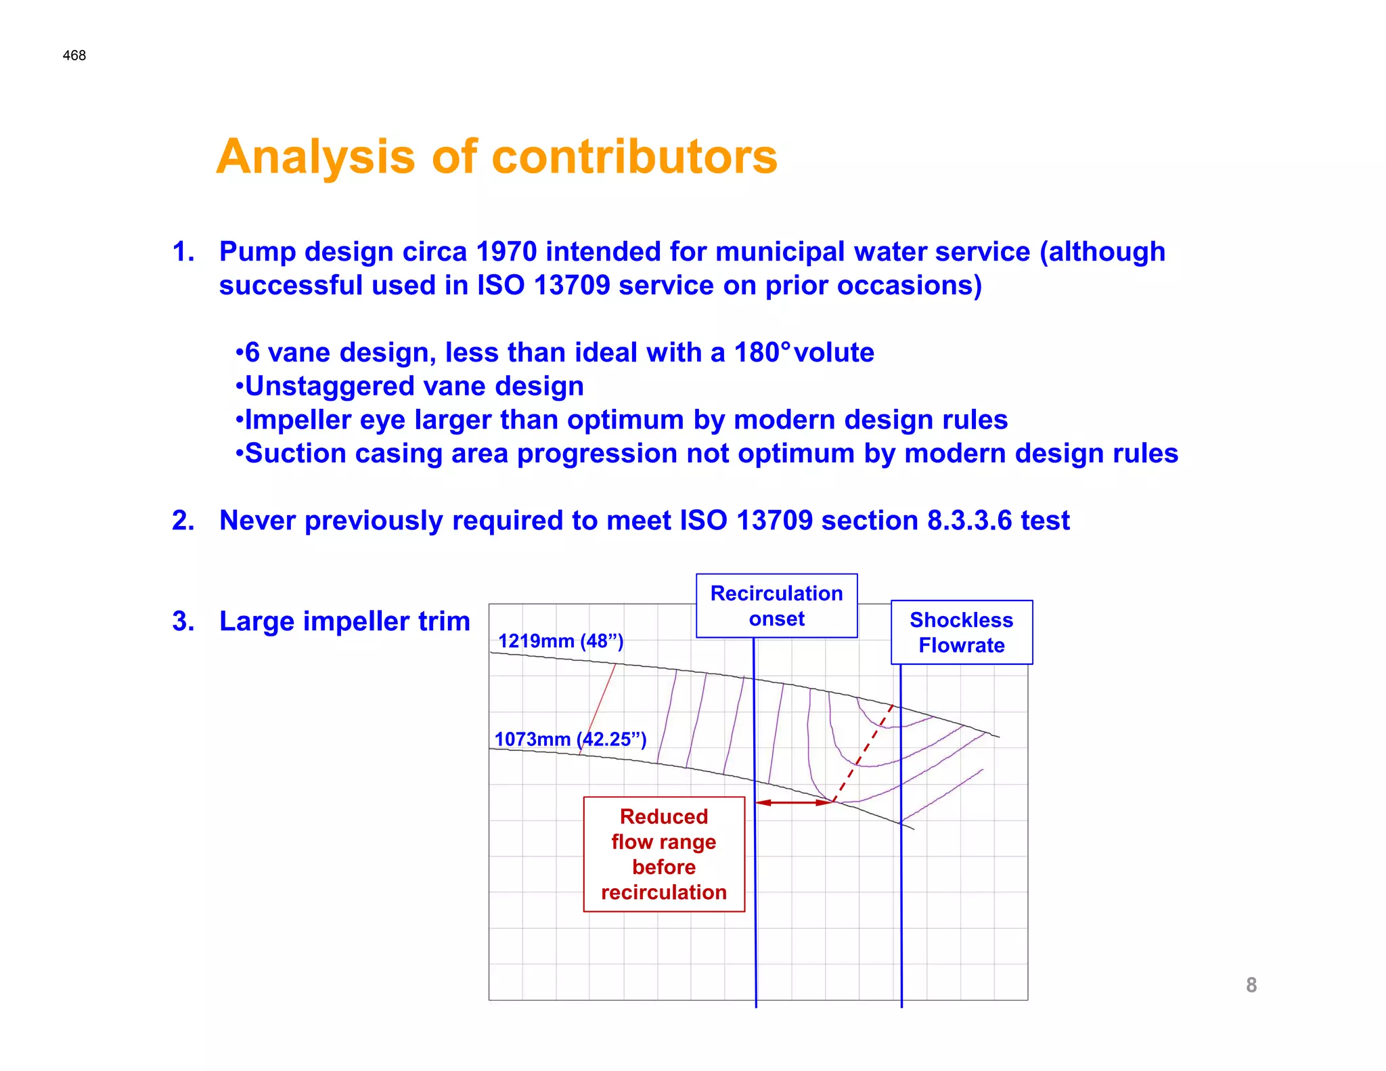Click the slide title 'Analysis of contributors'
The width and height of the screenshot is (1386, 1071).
point(497,156)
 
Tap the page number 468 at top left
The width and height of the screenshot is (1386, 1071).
point(74,56)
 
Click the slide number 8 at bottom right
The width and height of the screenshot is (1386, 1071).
point(1251,984)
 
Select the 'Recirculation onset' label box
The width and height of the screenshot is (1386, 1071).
point(776,606)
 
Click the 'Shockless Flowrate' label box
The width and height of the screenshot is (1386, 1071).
point(961,632)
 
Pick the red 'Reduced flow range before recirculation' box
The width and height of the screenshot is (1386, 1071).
point(664,854)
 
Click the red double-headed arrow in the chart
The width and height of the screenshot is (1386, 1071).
point(793,802)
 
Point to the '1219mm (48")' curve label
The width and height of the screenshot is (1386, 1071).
point(560,640)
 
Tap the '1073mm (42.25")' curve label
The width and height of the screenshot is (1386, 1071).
point(570,739)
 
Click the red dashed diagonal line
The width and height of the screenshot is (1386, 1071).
point(863,753)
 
